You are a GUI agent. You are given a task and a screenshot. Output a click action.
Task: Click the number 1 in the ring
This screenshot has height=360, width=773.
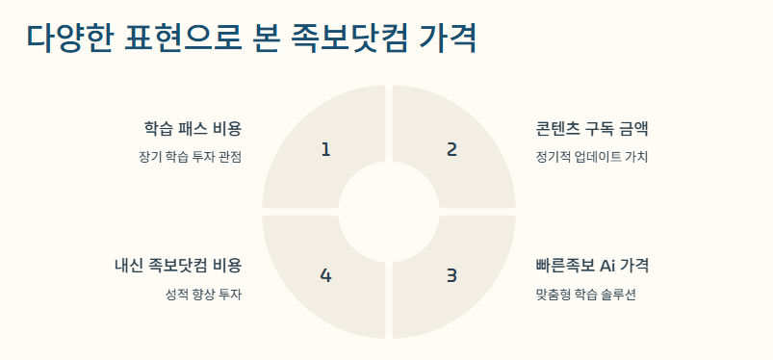tap(325, 149)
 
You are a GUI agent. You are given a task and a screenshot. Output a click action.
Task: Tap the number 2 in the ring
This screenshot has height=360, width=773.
tap(451, 149)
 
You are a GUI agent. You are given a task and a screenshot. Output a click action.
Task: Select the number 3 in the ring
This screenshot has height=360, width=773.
tap(451, 275)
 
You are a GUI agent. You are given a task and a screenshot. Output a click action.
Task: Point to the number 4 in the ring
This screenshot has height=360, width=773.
tap(325, 275)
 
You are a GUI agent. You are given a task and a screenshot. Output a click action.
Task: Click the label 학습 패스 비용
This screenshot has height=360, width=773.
tap(193, 129)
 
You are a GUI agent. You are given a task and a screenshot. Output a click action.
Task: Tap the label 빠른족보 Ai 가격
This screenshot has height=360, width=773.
tap(598, 266)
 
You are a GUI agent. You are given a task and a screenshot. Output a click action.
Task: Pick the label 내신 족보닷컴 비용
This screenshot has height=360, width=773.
tap(177, 266)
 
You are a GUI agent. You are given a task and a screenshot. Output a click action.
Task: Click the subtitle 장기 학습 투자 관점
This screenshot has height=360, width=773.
tap(190, 157)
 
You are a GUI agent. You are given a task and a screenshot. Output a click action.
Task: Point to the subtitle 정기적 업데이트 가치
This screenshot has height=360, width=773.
tap(592, 157)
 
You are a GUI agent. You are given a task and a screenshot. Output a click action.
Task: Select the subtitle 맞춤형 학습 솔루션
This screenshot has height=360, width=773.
tap(585, 294)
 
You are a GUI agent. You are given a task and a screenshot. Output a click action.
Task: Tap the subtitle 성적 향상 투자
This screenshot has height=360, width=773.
tap(203, 294)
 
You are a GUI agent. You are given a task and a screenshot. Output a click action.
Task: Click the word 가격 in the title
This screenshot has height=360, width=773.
tap(448, 39)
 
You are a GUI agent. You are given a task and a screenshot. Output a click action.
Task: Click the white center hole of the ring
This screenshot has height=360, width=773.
tap(388, 212)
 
